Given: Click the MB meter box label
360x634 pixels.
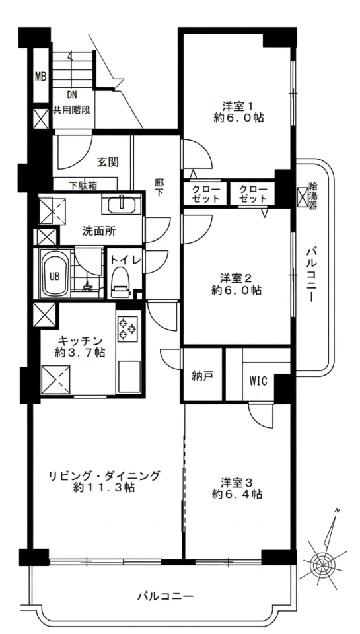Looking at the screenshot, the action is coord(40,76).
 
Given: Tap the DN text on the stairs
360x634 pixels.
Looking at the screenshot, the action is coord(72,96).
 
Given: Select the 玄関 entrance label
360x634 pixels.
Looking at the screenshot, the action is coord(108,162).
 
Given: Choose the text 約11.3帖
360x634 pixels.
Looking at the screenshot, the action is coord(104,487).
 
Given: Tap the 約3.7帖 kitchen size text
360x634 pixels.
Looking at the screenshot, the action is coord(80,352).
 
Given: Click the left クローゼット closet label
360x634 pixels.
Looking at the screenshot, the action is coord(206,194).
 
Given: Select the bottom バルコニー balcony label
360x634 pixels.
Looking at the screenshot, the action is coord(165,596).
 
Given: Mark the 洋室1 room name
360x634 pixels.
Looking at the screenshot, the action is coord(238,106).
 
